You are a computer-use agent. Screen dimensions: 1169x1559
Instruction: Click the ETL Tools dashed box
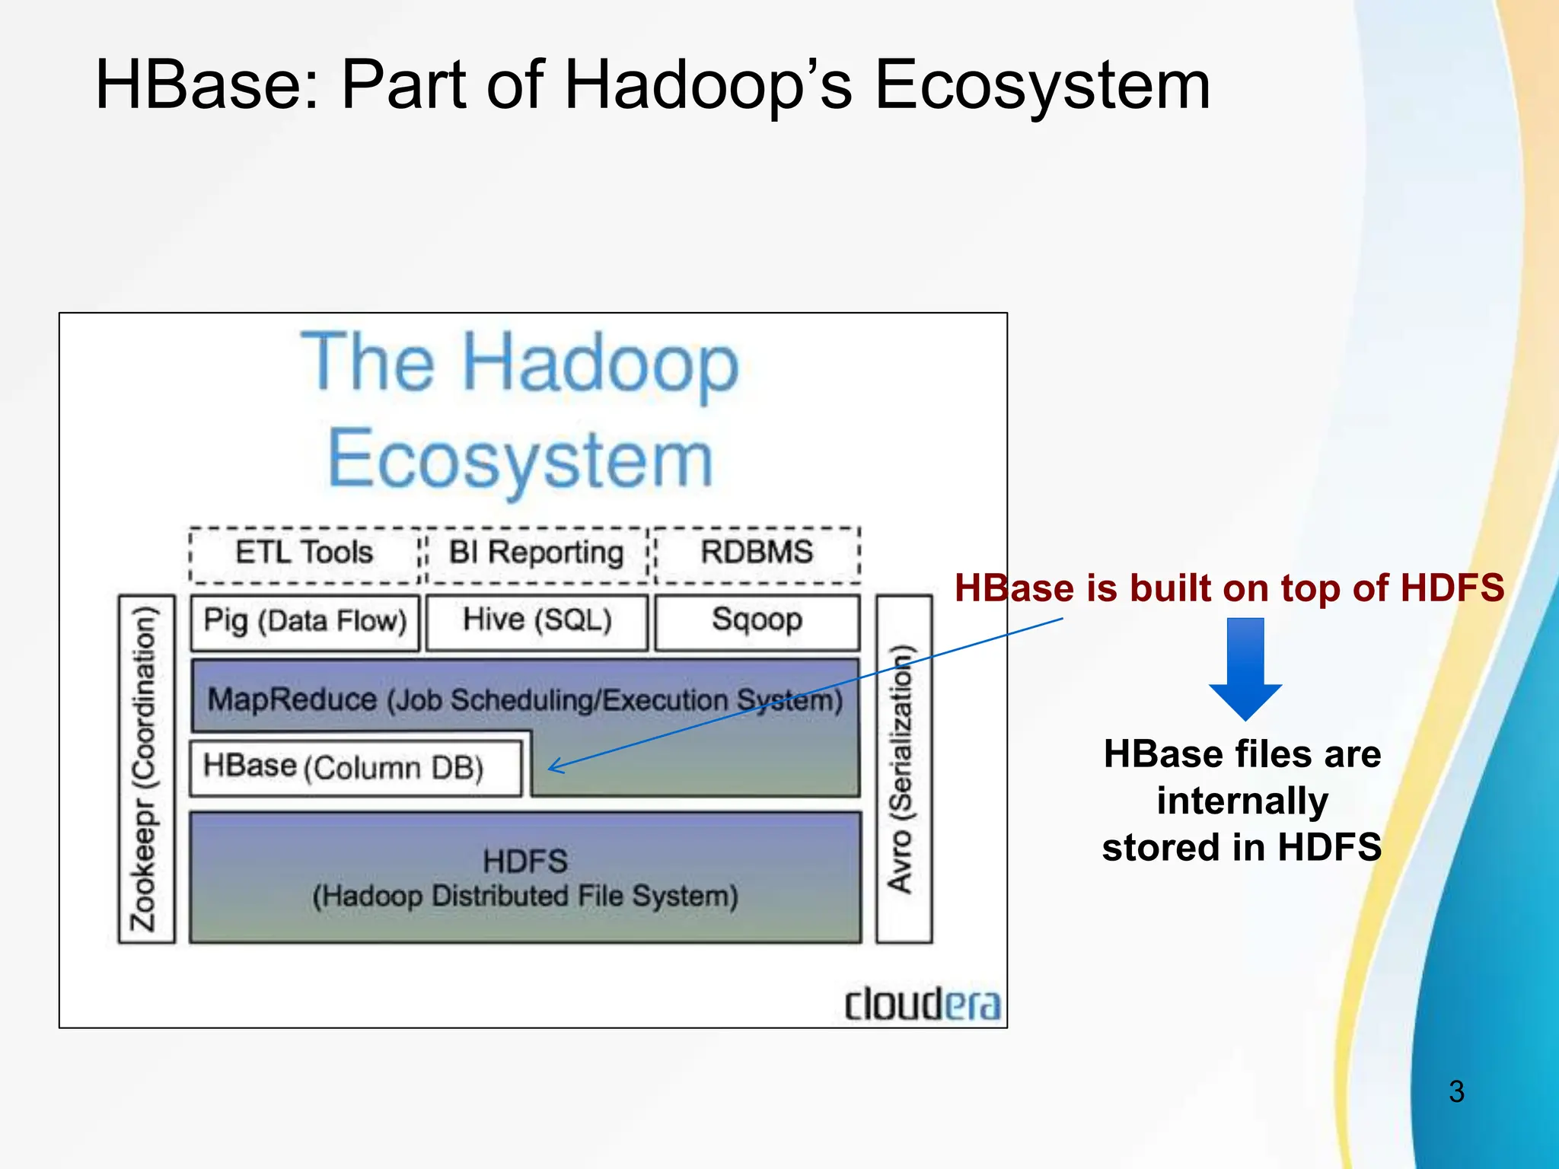pyautogui.click(x=304, y=553)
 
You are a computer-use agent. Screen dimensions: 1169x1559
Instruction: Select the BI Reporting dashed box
pyautogui.click(x=536, y=553)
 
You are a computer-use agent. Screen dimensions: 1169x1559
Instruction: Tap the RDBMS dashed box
pyautogui.click(x=757, y=553)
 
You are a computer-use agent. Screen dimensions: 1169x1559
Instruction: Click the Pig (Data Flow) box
pyautogui.click(x=304, y=622)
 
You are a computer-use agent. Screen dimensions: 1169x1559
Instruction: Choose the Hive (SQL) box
pyautogui.click(x=537, y=621)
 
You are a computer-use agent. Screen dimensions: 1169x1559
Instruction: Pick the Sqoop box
pyautogui.click(x=757, y=621)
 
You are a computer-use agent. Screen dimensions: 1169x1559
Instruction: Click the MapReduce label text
pyautogui.click(x=292, y=699)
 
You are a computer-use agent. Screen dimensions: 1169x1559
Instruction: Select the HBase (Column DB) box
pyautogui.click(x=355, y=768)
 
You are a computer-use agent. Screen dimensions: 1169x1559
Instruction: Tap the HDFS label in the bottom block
pyautogui.click(x=525, y=862)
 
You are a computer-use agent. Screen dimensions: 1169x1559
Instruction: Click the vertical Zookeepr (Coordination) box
pyautogui.click(x=145, y=769)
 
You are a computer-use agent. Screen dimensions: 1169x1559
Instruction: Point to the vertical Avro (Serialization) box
pyautogui.click(x=903, y=769)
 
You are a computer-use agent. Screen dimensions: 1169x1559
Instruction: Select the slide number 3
pyautogui.click(x=1456, y=1092)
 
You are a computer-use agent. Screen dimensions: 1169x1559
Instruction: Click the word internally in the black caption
pyautogui.click(x=1242, y=801)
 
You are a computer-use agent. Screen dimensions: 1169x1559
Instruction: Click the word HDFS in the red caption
pyautogui.click(x=1452, y=588)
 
